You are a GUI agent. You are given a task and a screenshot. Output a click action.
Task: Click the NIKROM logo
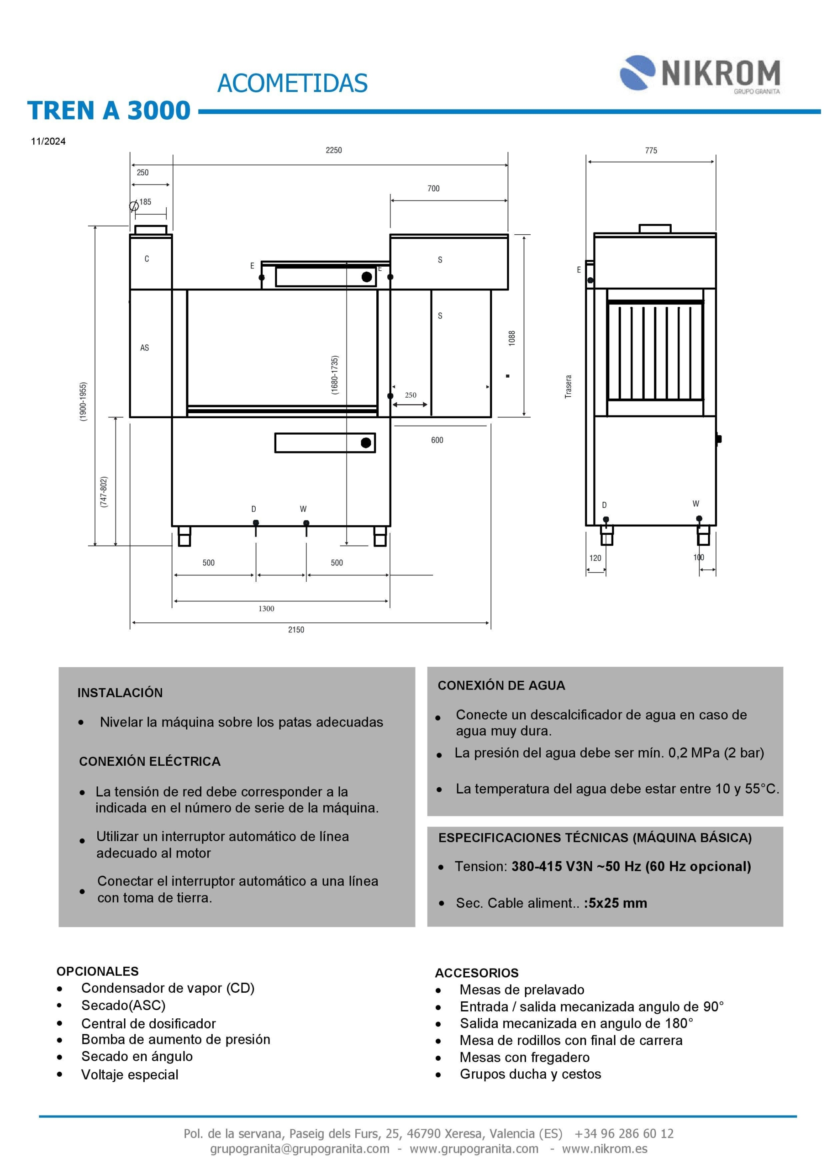[700, 74]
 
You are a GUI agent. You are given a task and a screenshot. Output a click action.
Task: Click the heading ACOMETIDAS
[292, 84]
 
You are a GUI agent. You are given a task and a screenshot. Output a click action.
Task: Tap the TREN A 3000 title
[109, 111]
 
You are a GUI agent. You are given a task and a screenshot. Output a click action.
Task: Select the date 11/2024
[48, 142]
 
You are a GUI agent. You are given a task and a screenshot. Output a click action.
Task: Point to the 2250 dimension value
[333, 150]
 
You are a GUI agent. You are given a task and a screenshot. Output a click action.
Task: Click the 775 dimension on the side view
[651, 151]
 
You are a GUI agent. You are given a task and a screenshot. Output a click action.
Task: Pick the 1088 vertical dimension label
[512, 338]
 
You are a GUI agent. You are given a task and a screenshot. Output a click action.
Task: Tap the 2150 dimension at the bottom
[296, 630]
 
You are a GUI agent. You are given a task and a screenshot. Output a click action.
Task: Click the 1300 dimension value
[266, 608]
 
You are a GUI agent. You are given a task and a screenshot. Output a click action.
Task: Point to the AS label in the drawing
[145, 348]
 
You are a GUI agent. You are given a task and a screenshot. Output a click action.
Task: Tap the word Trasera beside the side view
[569, 386]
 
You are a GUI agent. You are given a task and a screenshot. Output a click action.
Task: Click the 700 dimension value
[433, 189]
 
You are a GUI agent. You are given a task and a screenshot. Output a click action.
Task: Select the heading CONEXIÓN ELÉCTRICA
[150, 762]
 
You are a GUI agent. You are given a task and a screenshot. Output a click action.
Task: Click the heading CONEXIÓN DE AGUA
[501, 685]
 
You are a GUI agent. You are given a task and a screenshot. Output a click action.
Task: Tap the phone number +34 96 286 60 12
[624, 1134]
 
